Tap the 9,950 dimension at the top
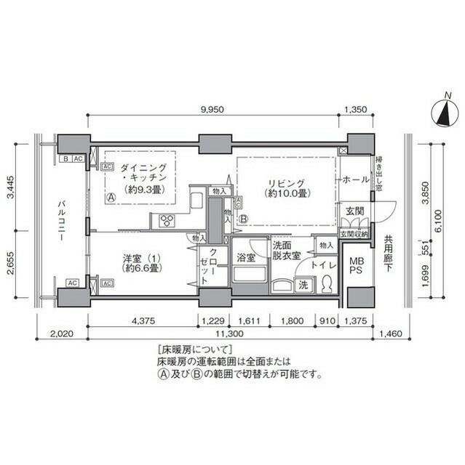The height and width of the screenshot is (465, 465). click(212, 109)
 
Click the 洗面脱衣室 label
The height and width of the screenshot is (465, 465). click(287, 251)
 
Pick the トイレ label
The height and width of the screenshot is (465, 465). click(322, 266)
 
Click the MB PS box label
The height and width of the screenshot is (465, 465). click(357, 265)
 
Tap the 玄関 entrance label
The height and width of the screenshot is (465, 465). click(354, 211)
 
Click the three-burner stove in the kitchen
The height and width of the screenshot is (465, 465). click(165, 222)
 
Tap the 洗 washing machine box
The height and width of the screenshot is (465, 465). click(303, 285)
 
